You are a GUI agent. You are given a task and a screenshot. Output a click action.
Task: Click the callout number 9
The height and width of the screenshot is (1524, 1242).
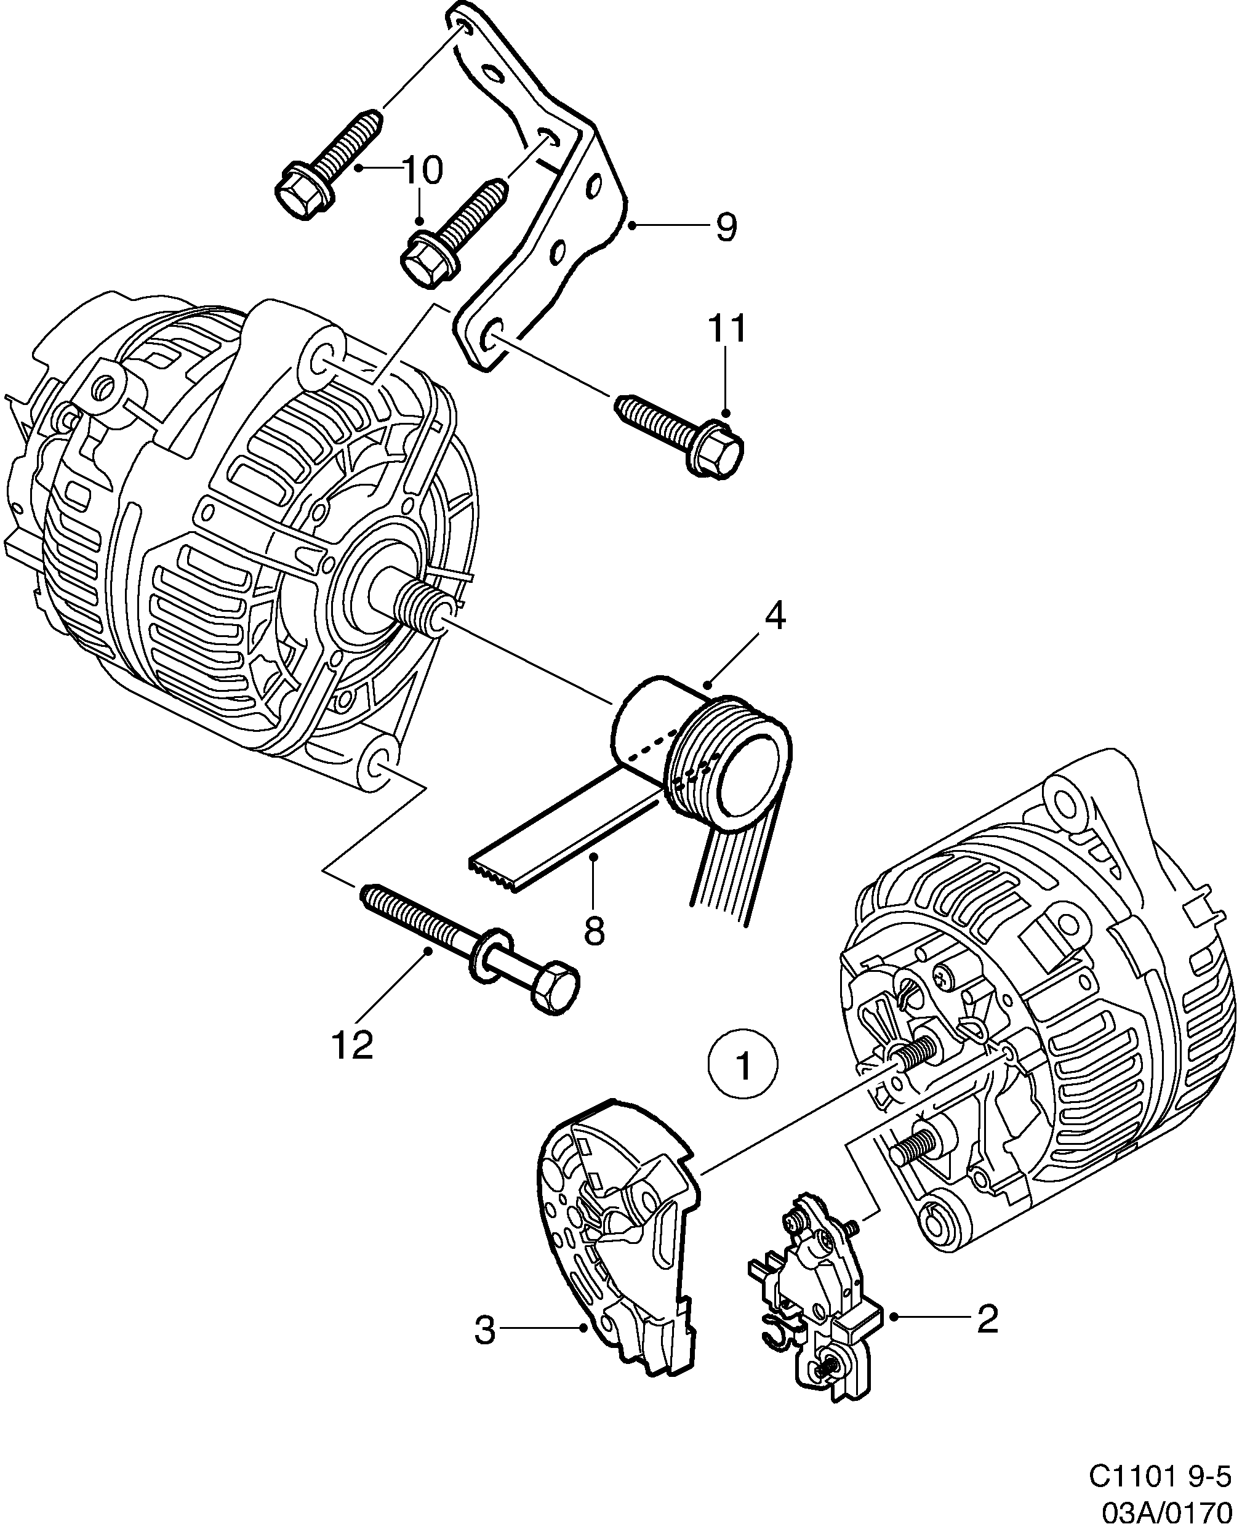tap(726, 228)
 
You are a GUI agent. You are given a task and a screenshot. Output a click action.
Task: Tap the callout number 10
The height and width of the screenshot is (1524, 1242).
tap(423, 170)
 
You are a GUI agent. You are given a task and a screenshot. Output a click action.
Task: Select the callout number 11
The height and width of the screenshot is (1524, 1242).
tap(727, 329)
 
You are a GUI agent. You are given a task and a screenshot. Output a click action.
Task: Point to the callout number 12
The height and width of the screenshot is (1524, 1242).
tap(353, 1045)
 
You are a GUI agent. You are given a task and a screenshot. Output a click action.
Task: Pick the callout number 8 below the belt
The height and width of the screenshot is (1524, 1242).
tap(594, 931)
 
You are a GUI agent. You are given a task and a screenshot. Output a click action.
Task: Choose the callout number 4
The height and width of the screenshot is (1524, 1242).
tap(774, 617)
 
